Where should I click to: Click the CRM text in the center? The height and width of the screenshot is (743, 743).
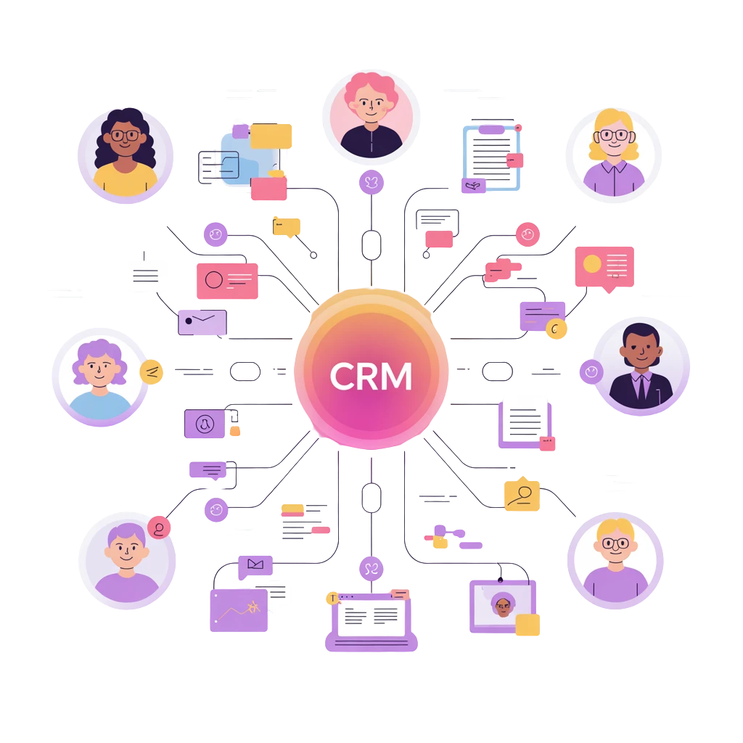click(371, 376)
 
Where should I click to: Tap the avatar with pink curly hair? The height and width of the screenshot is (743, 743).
click(371, 116)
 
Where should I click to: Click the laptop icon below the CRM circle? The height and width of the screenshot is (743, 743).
click(371, 620)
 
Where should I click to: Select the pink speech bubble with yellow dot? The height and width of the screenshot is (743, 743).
click(604, 266)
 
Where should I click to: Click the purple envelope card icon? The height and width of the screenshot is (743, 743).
click(202, 321)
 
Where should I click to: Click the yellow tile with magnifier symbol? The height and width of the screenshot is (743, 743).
click(522, 496)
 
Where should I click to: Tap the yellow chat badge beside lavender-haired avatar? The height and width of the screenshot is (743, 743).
click(152, 372)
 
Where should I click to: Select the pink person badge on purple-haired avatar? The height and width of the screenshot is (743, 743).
click(159, 528)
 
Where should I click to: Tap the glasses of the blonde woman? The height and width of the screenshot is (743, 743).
click(614, 135)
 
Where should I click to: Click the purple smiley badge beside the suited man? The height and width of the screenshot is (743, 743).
click(591, 372)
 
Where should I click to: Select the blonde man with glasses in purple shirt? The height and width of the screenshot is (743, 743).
click(615, 559)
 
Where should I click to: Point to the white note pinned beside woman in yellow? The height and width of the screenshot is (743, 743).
click(144, 276)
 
